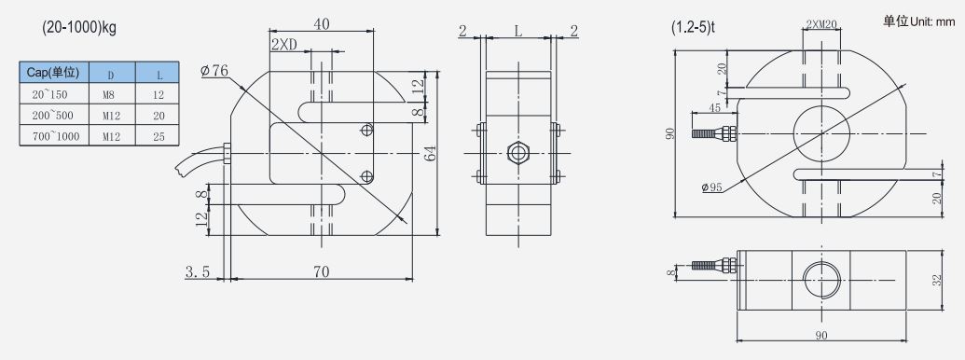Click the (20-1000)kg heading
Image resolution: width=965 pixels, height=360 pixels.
click(x=79, y=28)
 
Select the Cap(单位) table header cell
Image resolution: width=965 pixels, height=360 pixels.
click(x=54, y=72)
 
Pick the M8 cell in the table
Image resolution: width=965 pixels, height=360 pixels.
click(x=111, y=95)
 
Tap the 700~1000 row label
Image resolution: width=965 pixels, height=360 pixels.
click(x=55, y=136)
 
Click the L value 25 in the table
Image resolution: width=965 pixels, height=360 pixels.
click(x=159, y=136)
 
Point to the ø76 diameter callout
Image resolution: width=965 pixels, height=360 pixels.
click(x=214, y=71)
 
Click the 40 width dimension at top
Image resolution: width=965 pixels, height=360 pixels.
click(x=322, y=24)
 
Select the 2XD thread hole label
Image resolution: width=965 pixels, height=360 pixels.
click(x=284, y=45)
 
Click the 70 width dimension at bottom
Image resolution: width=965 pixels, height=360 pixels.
click(x=322, y=271)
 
